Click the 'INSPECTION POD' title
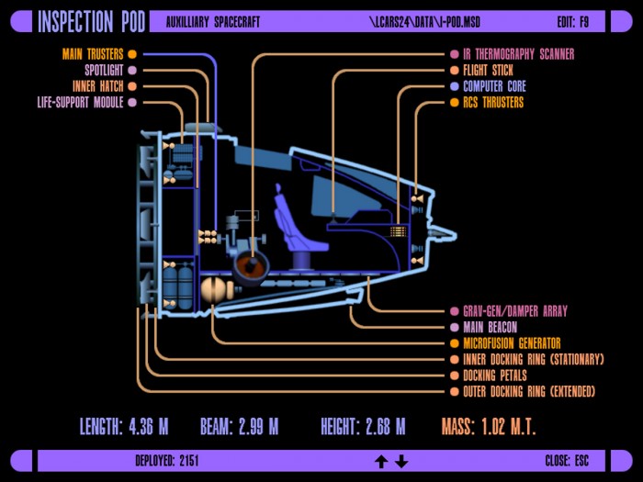92,22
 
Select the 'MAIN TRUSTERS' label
93,54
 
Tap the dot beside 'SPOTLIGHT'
132,70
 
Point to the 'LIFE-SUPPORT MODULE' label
81,102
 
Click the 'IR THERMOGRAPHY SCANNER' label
519,54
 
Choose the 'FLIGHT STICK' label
488,70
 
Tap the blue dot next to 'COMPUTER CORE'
455,86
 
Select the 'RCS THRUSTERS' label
493,102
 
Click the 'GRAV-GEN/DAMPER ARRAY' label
515,311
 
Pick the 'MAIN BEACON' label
490,327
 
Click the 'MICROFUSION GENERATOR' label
512,343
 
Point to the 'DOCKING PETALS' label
495,376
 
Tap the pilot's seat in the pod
298,230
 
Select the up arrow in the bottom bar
381,462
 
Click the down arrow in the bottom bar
401,462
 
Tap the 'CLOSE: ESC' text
567,461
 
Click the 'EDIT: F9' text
573,22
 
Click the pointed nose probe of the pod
442,233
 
